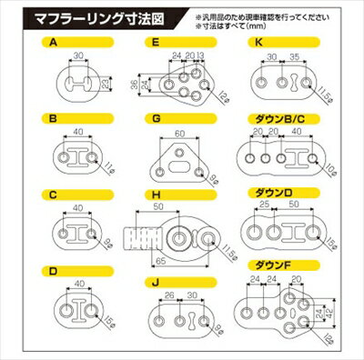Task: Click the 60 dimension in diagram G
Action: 179,134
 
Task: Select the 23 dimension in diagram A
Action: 106,85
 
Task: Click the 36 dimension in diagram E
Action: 134,85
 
